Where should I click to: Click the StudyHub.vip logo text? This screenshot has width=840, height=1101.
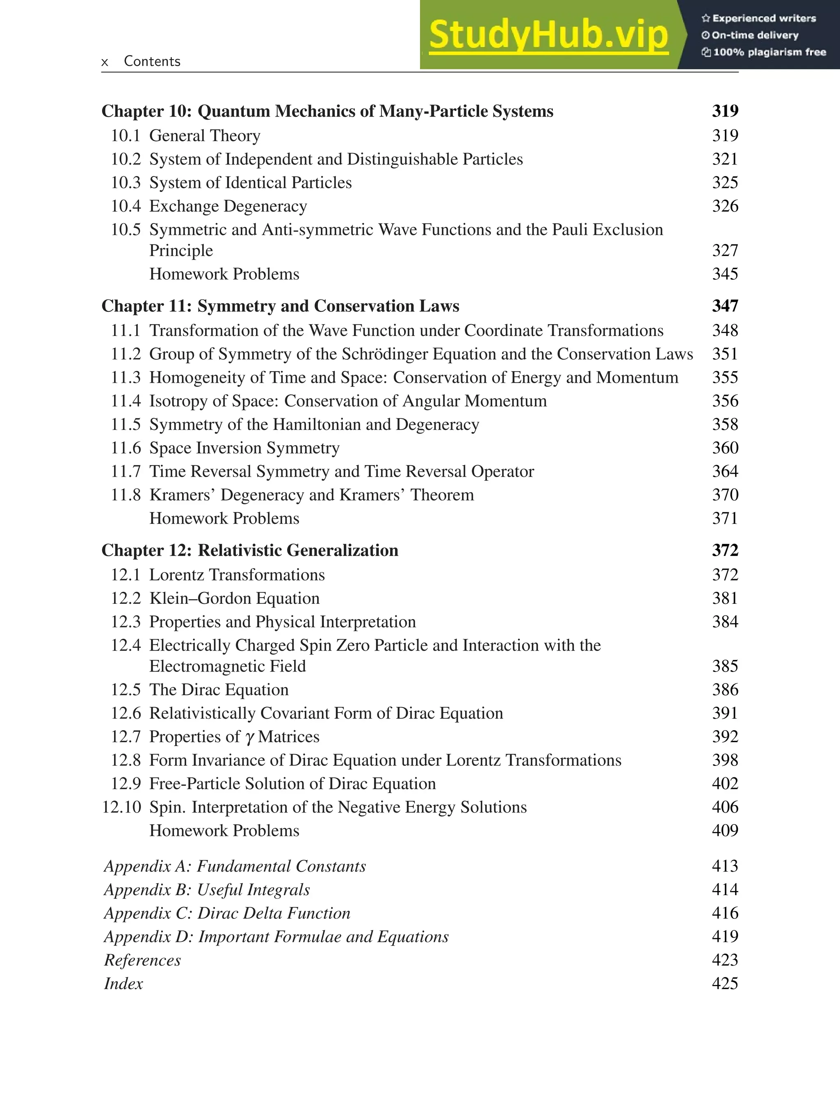coord(548,35)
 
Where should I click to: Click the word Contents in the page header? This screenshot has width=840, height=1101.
coord(152,61)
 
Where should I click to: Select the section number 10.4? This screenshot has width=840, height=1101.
coord(126,206)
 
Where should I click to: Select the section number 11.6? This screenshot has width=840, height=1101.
coord(126,448)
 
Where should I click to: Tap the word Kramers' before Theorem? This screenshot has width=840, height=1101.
coord(372,495)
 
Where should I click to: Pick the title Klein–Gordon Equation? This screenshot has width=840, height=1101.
coord(234,598)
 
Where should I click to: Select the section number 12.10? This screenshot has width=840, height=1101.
coord(121,808)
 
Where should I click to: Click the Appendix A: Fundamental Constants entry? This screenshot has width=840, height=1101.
coord(235,866)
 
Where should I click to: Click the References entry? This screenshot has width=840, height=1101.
coord(142,960)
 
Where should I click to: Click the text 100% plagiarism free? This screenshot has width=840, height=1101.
coord(769,53)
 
